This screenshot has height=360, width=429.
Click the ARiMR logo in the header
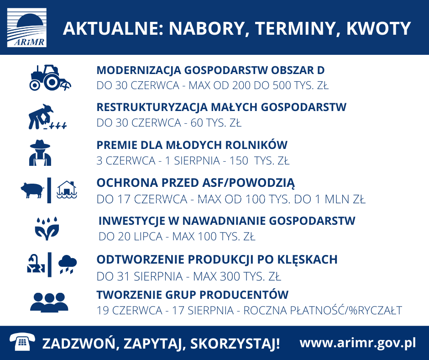pyautogui.click(x=27, y=28)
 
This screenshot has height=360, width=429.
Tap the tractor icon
pyautogui.click(x=50, y=78)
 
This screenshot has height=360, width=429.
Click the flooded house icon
pyautogui.click(x=67, y=190)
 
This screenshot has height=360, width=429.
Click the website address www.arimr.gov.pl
pyautogui.click(x=358, y=344)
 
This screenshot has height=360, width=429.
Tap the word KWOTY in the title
pyautogui.click(x=379, y=28)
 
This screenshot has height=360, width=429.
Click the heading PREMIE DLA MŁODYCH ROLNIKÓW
pyautogui.click(x=192, y=145)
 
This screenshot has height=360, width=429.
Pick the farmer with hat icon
pyautogui.click(x=40, y=153)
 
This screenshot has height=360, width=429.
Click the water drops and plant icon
pyautogui.click(x=47, y=229)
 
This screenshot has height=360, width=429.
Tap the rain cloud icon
pyautogui.click(x=68, y=264)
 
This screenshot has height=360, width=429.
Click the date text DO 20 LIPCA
pyautogui.click(x=131, y=237)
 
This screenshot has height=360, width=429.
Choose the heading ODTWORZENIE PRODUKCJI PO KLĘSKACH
pyautogui.click(x=217, y=260)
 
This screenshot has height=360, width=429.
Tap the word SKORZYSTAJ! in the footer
pyautogui.click(x=235, y=344)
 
